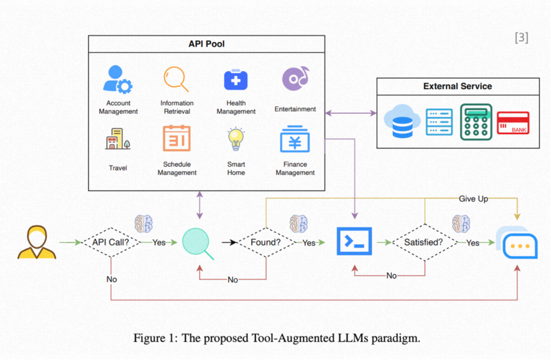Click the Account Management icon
[x=117, y=80]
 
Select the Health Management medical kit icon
[x=235, y=80]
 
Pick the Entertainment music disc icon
[x=295, y=79]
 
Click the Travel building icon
[x=118, y=139]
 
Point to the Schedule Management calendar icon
[x=176, y=138]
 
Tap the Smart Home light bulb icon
[x=236, y=138]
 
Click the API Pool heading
[x=206, y=44]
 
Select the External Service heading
[x=457, y=87]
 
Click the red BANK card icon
[x=513, y=122]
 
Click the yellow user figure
[x=36, y=242]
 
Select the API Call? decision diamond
[x=111, y=242]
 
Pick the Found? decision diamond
[x=265, y=242]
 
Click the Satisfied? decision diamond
[x=423, y=242]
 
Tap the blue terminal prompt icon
[x=354, y=242]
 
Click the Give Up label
[x=473, y=199]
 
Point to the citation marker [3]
[x=521, y=38]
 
